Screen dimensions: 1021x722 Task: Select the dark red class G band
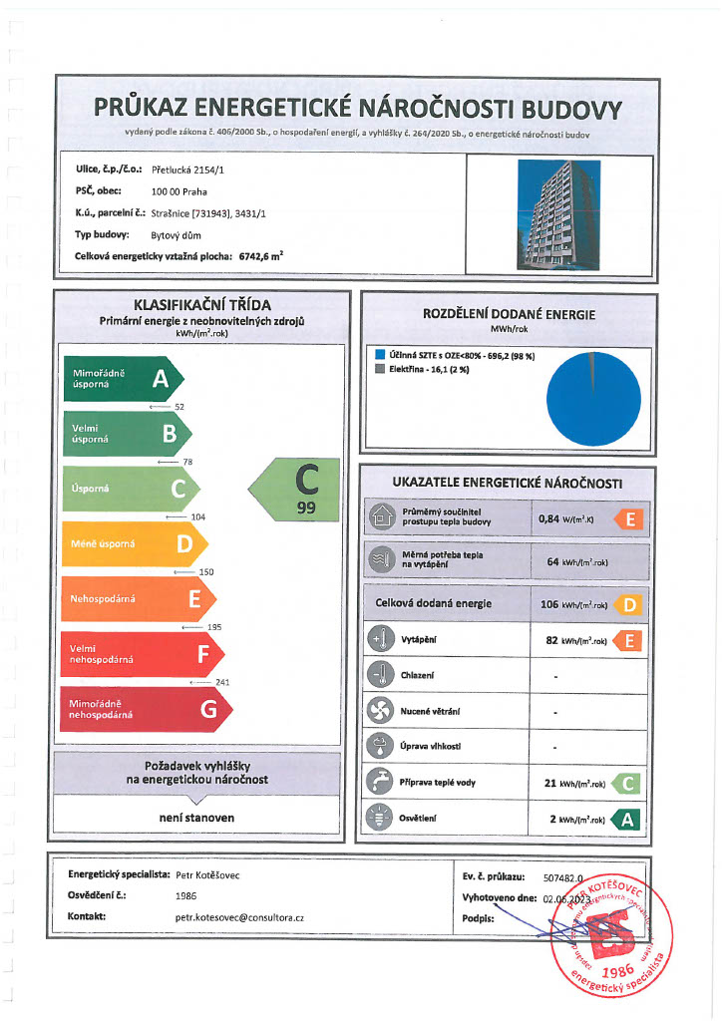click(145, 709)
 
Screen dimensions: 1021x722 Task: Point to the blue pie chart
click(595, 397)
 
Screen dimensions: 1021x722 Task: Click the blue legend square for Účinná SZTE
click(380, 354)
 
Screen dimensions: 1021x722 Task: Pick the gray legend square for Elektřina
click(380, 368)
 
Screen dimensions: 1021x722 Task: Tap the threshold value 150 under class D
click(206, 572)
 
